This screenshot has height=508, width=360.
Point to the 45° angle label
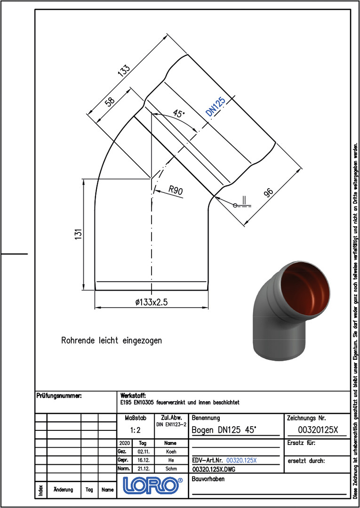[178, 114]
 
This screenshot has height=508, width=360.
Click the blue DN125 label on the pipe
[216, 106]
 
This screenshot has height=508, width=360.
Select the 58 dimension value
[110, 102]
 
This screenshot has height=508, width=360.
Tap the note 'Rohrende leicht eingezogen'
[112, 341]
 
